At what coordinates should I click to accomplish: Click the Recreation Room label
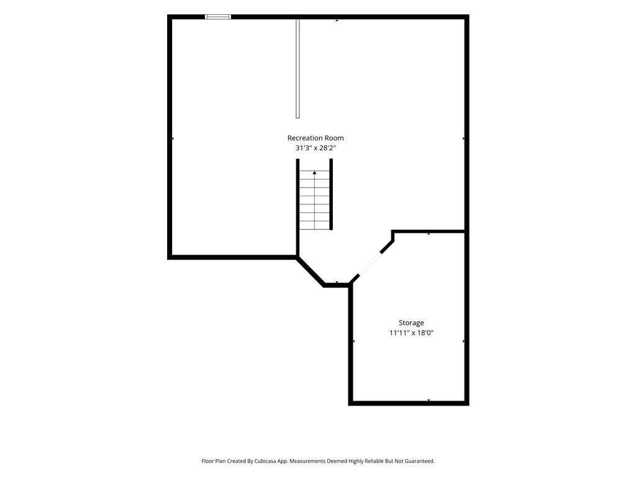click(316, 138)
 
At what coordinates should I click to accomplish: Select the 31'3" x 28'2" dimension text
click(316, 148)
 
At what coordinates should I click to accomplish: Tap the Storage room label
click(411, 323)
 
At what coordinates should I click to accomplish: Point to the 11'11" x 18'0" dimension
click(411, 333)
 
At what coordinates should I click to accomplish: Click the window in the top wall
click(218, 17)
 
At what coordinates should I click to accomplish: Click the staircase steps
click(314, 201)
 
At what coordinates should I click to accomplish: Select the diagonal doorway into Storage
click(369, 265)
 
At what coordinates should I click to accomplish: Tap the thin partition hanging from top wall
click(298, 68)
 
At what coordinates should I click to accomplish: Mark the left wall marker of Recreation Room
click(173, 139)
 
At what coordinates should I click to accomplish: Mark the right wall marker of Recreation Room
click(463, 139)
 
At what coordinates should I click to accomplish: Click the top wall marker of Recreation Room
click(337, 20)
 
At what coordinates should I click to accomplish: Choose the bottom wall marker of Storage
click(429, 401)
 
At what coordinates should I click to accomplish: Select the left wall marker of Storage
click(353, 342)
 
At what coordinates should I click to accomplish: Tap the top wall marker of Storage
click(429, 234)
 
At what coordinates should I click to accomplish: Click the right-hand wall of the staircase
click(331, 194)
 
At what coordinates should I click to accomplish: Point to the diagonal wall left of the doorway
click(311, 271)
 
